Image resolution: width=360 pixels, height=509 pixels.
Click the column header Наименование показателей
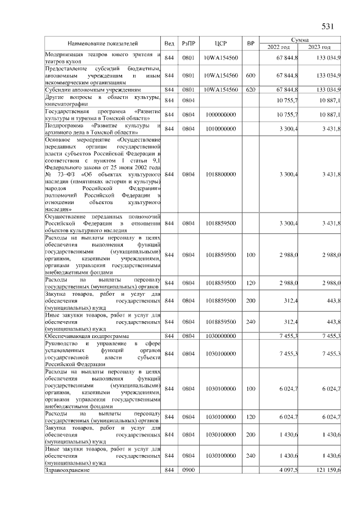pos(103,43)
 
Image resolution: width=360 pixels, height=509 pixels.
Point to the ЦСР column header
pos(220,43)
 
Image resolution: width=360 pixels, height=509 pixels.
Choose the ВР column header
pos(251,43)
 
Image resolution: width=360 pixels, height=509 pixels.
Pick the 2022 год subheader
pos(278,47)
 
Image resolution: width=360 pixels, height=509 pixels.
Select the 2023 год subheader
pos(319,47)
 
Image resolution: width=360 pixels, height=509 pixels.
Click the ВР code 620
pos(251,89)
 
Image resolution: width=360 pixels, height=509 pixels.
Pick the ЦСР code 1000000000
pos(220,115)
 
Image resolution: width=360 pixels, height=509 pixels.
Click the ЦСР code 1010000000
pos(220,129)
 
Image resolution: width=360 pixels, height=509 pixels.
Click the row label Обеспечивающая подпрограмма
pos(83,336)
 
